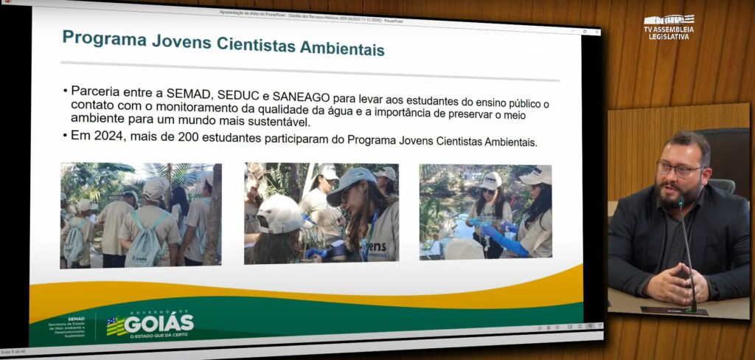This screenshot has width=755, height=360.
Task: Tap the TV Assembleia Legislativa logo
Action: [x=668, y=26]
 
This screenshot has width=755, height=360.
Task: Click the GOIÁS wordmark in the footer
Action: [x=159, y=323]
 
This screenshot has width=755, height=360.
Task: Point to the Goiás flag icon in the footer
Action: [x=116, y=325]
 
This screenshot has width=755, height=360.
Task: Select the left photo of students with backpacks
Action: [x=141, y=214]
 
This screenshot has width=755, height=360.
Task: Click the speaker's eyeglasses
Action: [x=679, y=170]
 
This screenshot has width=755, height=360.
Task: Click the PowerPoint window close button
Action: [x=595, y=32]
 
